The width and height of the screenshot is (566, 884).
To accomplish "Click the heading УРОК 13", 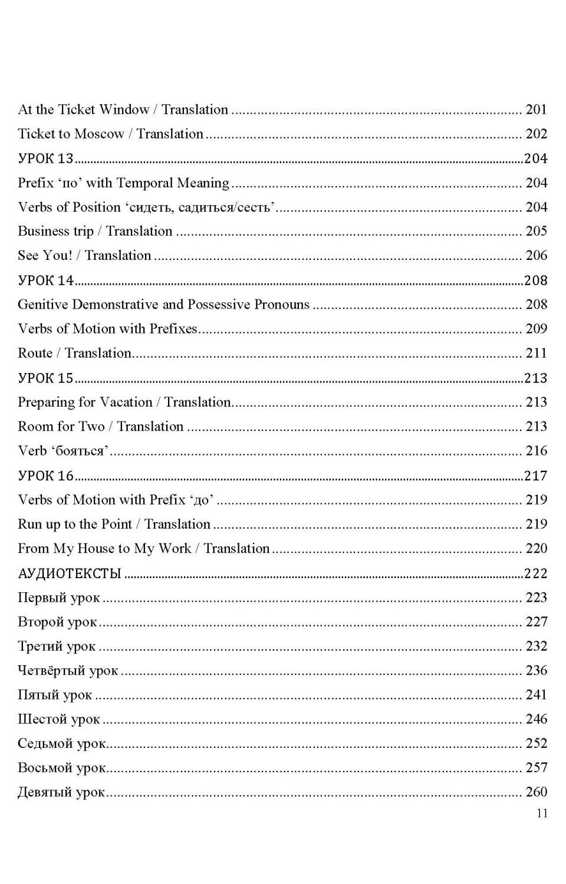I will coord(46,159).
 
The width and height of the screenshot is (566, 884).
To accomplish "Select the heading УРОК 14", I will coord(46,281).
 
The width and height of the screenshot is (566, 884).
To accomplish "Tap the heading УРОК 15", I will coord(46,378).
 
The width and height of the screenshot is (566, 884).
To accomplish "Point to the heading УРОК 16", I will coord(46,476).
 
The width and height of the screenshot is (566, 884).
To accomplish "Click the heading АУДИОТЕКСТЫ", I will coord(70,573).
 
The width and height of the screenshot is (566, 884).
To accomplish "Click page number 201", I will coord(536,110).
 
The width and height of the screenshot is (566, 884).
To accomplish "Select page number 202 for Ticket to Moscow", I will coord(536,134).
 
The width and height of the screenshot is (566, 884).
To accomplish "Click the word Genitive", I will coord(43,305).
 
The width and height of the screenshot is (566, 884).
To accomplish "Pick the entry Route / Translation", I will coord(75,353).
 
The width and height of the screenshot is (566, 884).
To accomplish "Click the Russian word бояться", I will coord(80,451).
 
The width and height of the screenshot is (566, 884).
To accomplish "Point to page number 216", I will coord(536,451).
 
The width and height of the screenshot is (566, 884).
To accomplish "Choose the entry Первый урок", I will coord(59,598).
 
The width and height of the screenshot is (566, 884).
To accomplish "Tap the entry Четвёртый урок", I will coord(68,671).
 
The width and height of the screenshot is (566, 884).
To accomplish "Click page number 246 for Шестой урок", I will coord(536,719).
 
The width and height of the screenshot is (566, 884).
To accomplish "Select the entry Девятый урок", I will coord(61,792).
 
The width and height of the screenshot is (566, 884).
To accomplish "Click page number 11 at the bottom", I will coord(542,813).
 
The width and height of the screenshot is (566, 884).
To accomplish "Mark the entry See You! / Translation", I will coord(84,256).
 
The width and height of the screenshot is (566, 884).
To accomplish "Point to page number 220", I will coord(536,549).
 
